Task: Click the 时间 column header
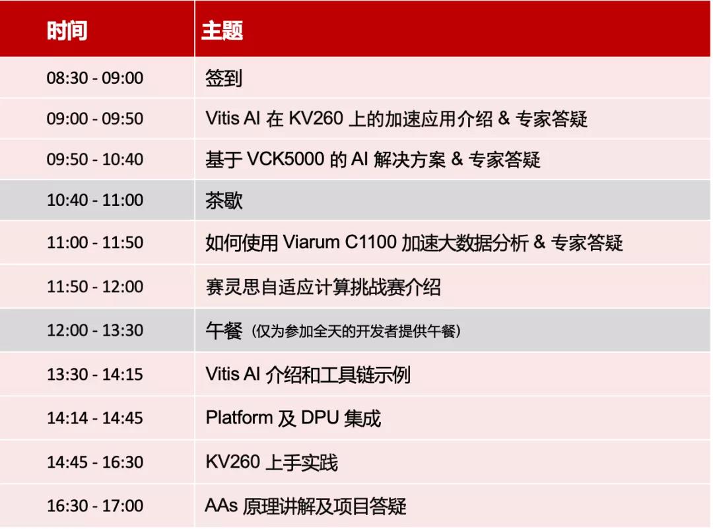click(x=67, y=30)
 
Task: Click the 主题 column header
click(x=222, y=30)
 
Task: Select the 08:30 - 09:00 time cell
click(x=95, y=78)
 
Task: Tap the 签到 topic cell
click(x=224, y=78)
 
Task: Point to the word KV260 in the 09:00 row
click(x=316, y=118)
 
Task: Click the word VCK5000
click(x=285, y=159)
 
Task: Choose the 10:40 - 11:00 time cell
click(x=95, y=199)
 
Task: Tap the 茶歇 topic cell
click(x=224, y=200)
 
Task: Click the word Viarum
click(x=311, y=242)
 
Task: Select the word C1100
click(x=370, y=242)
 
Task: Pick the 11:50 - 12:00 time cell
click(x=95, y=286)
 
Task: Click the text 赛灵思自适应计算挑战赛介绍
click(x=323, y=287)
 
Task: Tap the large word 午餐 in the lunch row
click(x=224, y=330)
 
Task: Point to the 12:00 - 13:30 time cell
click(x=95, y=330)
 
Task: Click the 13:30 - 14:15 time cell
click(x=95, y=374)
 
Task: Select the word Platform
click(x=239, y=418)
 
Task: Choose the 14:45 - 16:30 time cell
click(x=95, y=462)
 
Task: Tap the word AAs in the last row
click(x=221, y=505)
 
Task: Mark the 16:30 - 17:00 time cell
click(x=95, y=505)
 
